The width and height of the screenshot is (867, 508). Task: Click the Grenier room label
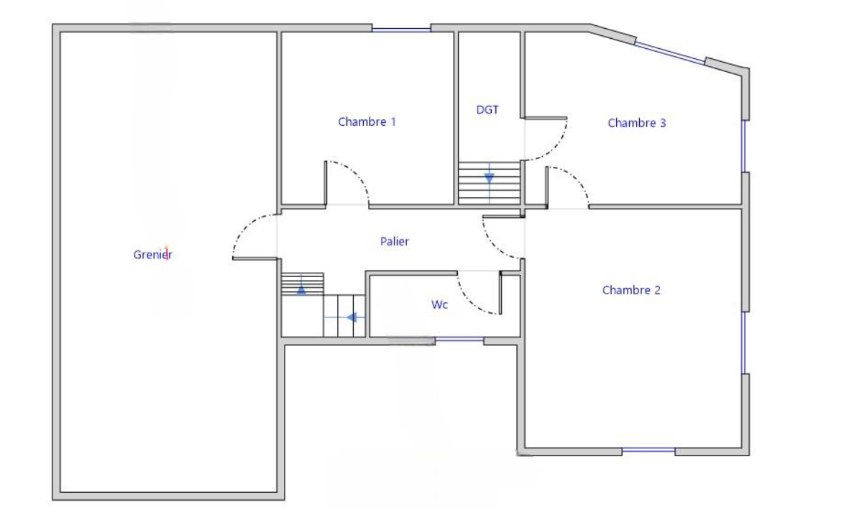tap(152, 255)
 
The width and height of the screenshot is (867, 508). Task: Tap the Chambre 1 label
tap(367, 122)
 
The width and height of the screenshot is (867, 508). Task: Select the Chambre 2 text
tap(631, 290)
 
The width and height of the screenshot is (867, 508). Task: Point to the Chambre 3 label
tap(637, 123)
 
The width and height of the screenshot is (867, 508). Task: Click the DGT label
tap(487, 110)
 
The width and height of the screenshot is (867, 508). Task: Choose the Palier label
tap(395, 241)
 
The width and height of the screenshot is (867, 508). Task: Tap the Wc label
tap(439, 304)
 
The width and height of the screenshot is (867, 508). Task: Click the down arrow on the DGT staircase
tap(490, 178)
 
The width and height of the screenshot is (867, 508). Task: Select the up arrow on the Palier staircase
tap(301, 290)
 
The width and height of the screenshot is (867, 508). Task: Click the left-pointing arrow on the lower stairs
tap(352, 318)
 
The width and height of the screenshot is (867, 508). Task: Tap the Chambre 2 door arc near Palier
tap(493, 246)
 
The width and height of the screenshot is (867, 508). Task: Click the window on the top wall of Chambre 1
tap(401, 29)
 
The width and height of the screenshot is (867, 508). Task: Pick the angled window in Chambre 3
tap(669, 53)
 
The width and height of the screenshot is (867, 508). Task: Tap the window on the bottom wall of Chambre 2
tap(648, 450)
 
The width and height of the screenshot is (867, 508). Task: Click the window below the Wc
tap(459, 340)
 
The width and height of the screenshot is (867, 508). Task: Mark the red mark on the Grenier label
tap(167, 253)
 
